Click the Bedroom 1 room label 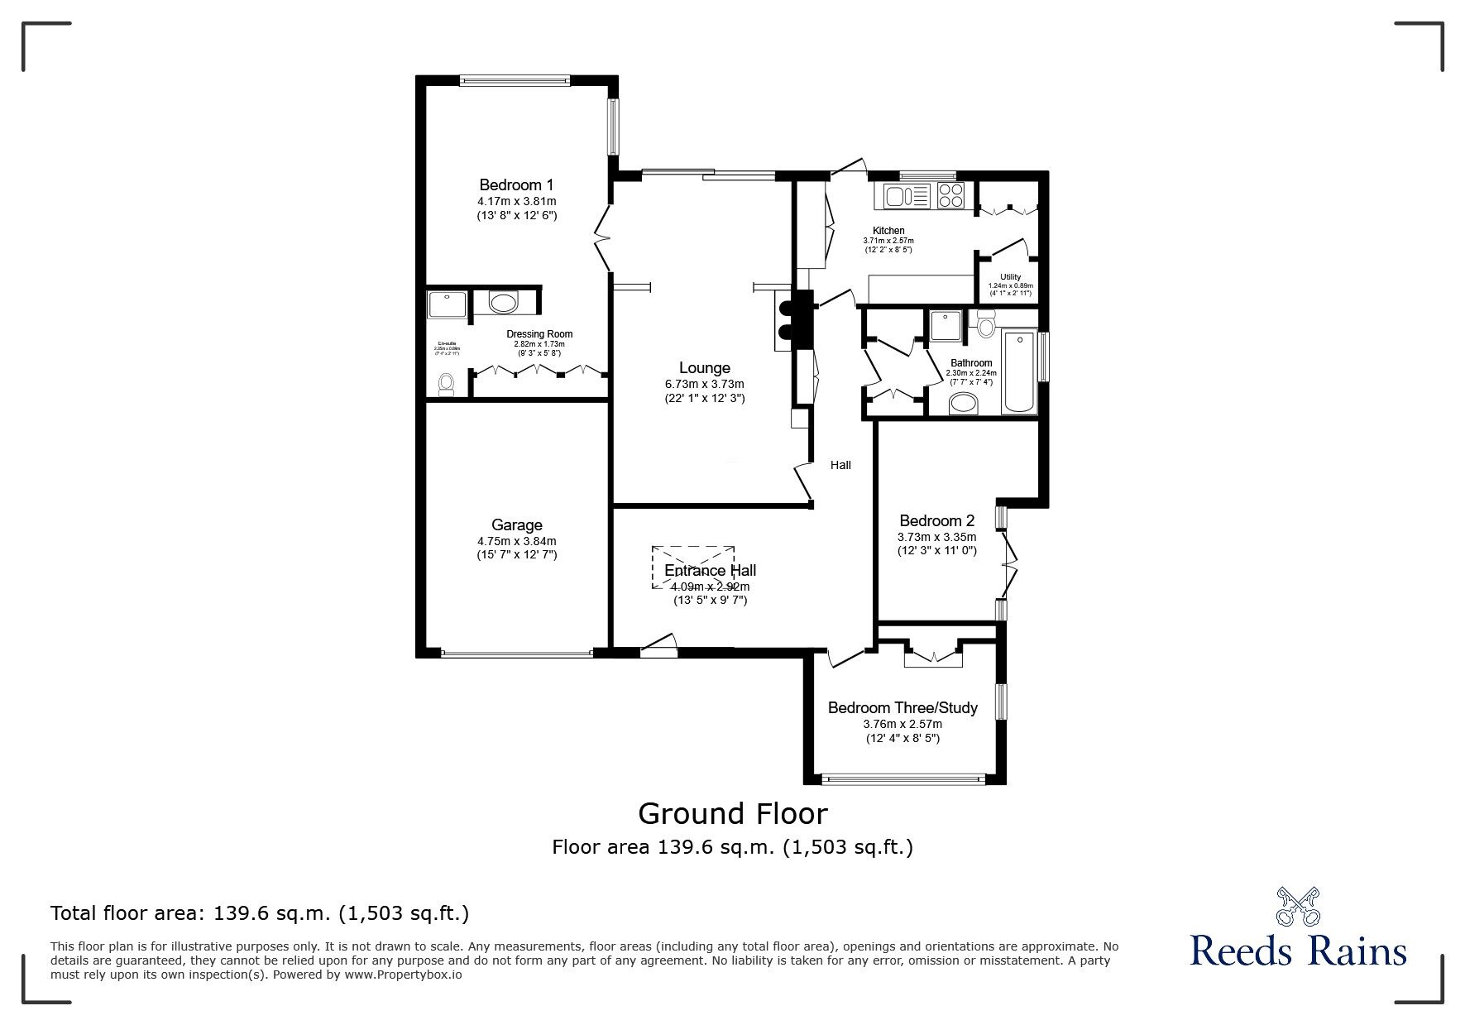[516, 184]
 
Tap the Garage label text [516, 524]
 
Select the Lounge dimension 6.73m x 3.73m [704, 384]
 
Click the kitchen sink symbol [907, 196]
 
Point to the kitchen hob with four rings [951, 196]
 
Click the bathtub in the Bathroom [1018, 371]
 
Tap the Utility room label [1010, 277]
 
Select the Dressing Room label [539, 334]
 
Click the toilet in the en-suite [447, 384]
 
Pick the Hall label [840, 465]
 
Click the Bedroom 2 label [936, 520]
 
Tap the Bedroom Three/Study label [902, 707]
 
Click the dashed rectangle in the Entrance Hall [693, 567]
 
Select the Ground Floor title [732, 813]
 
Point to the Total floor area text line [260, 913]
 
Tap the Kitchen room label [888, 231]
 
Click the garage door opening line [516, 654]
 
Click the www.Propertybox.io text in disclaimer [404, 975]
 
